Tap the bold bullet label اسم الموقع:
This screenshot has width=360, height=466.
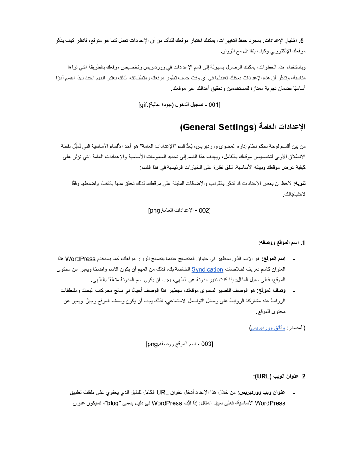[274, 259]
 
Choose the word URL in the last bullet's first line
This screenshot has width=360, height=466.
[162, 393]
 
